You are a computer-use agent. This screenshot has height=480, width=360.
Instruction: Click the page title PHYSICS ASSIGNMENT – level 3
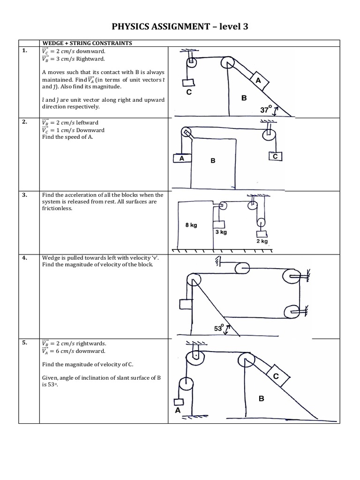click(x=180, y=27)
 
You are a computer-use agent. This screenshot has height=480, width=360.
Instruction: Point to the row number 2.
click(x=24, y=121)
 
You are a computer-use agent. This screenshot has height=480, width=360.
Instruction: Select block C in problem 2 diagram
click(x=275, y=156)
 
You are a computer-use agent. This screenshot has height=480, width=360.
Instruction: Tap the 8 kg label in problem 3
click(x=191, y=225)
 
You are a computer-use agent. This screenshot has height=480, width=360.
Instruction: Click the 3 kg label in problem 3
click(x=221, y=232)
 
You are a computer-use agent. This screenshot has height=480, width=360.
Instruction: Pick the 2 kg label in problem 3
click(x=261, y=241)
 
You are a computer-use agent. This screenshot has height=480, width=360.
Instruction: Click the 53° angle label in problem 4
click(x=219, y=329)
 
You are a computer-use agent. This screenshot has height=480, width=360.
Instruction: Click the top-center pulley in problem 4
click(x=242, y=268)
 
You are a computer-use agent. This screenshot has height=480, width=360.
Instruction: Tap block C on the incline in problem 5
click(x=276, y=375)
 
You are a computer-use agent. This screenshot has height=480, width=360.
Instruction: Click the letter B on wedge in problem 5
click(x=261, y=398)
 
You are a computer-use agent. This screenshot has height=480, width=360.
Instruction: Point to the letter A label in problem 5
click(x=177, y=409)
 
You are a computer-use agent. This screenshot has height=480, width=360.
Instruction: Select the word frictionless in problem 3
click(x=57, y=209)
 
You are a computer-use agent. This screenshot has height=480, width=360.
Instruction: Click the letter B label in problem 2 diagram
click(x=212, y=161)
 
